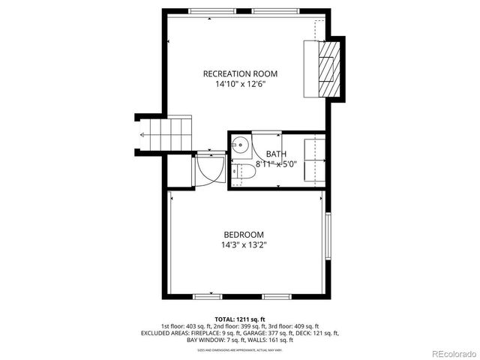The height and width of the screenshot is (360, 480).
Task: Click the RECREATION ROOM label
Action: point(240,73)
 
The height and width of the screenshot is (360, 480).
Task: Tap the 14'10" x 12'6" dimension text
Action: point(240,84)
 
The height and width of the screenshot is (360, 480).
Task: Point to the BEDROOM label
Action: point(242,234)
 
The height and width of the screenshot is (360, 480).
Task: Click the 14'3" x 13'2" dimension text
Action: point(242,244)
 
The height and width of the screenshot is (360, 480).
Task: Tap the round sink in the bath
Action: point(241,145)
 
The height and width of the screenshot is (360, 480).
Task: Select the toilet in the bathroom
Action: point(244,172)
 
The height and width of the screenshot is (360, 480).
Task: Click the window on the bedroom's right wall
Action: point(327,238)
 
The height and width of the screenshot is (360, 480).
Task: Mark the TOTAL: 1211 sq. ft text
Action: point(240,319)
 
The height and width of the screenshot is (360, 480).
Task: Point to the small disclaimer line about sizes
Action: point(240,348)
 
